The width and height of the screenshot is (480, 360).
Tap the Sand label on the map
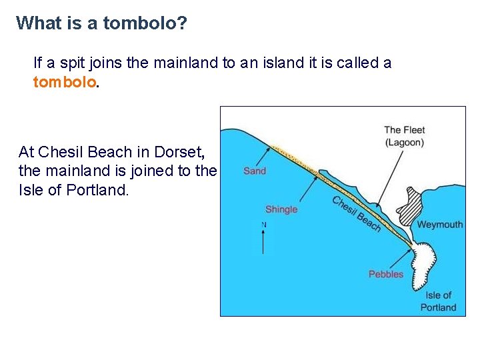pos(255,171)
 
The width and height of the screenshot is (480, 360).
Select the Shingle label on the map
pos(281,209)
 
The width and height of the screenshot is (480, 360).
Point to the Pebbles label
pos(386,274)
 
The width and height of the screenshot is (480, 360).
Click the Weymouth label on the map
pos(439,225)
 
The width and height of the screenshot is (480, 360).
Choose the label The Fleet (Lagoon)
pos(404,136)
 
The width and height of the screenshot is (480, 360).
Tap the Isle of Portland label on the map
pos(438,301)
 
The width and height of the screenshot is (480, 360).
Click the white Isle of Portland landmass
pos(427,263)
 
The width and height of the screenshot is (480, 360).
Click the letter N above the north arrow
pos(264,225)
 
